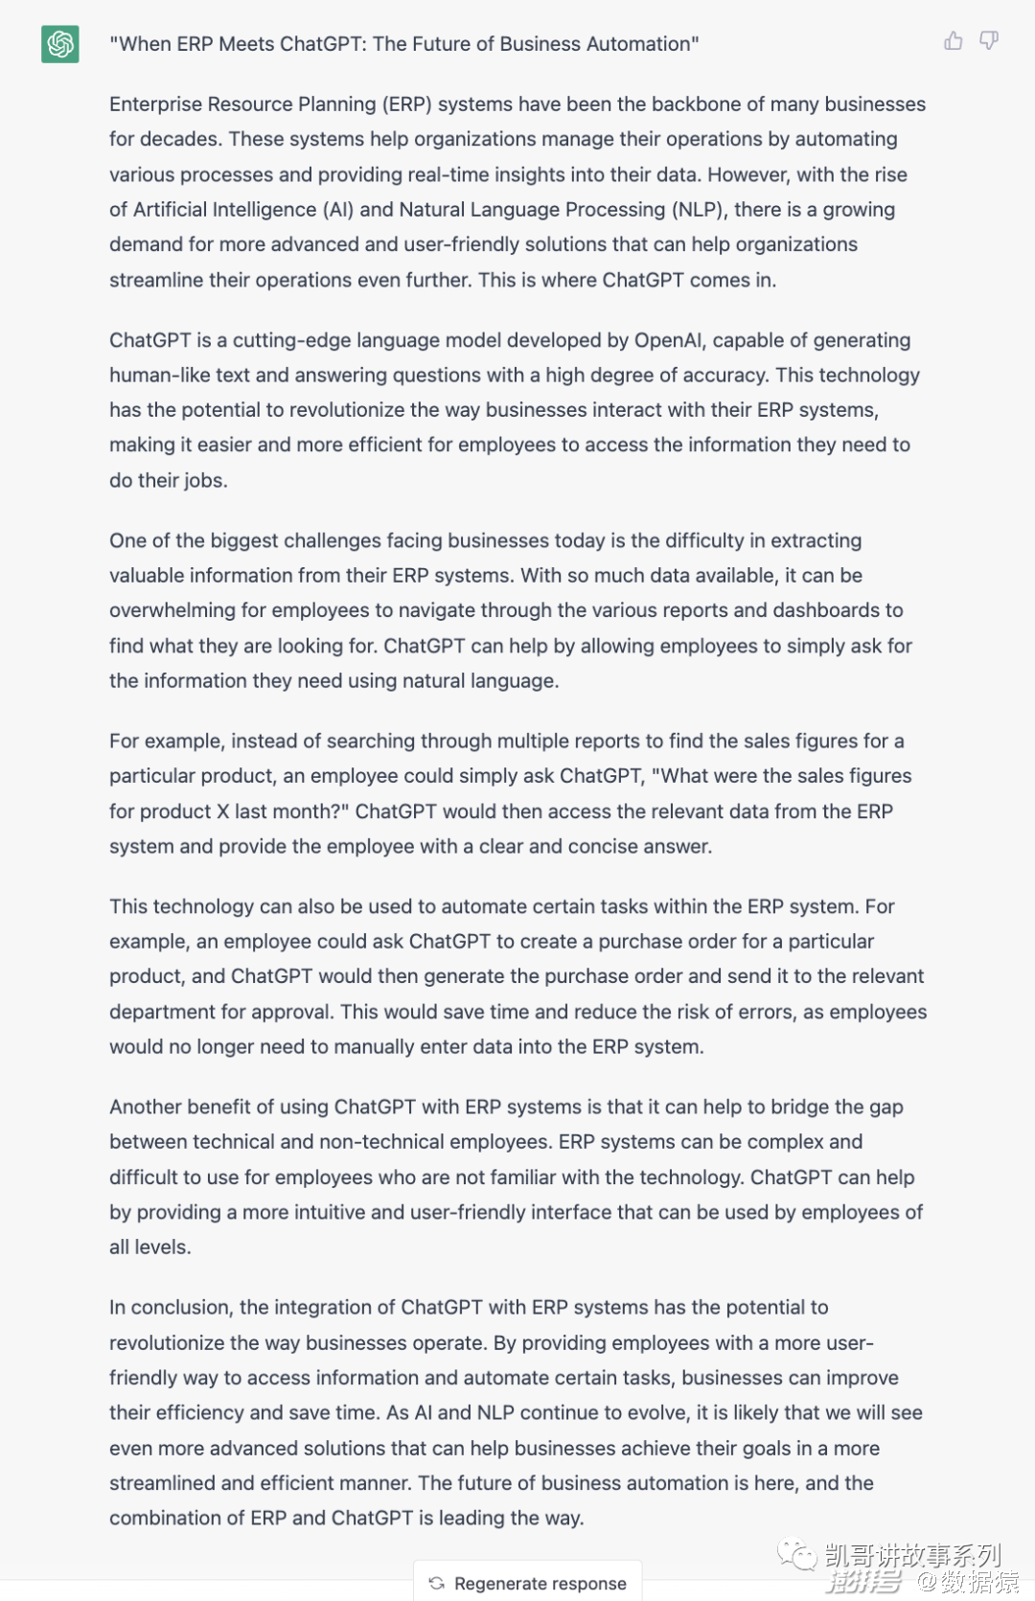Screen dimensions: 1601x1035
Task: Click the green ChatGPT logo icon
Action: pyautogui.click(x=59, y=44)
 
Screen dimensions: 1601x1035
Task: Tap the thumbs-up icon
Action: pyautogui.click(x=954, y=41)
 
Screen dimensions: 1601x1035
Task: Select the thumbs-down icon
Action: pyautogui.click(x=989, y=41)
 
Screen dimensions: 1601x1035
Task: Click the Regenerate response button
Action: pyautogui.click(x=528, y=1583)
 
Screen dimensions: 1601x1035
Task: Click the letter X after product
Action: pyautogui.click(x=222, y=812)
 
